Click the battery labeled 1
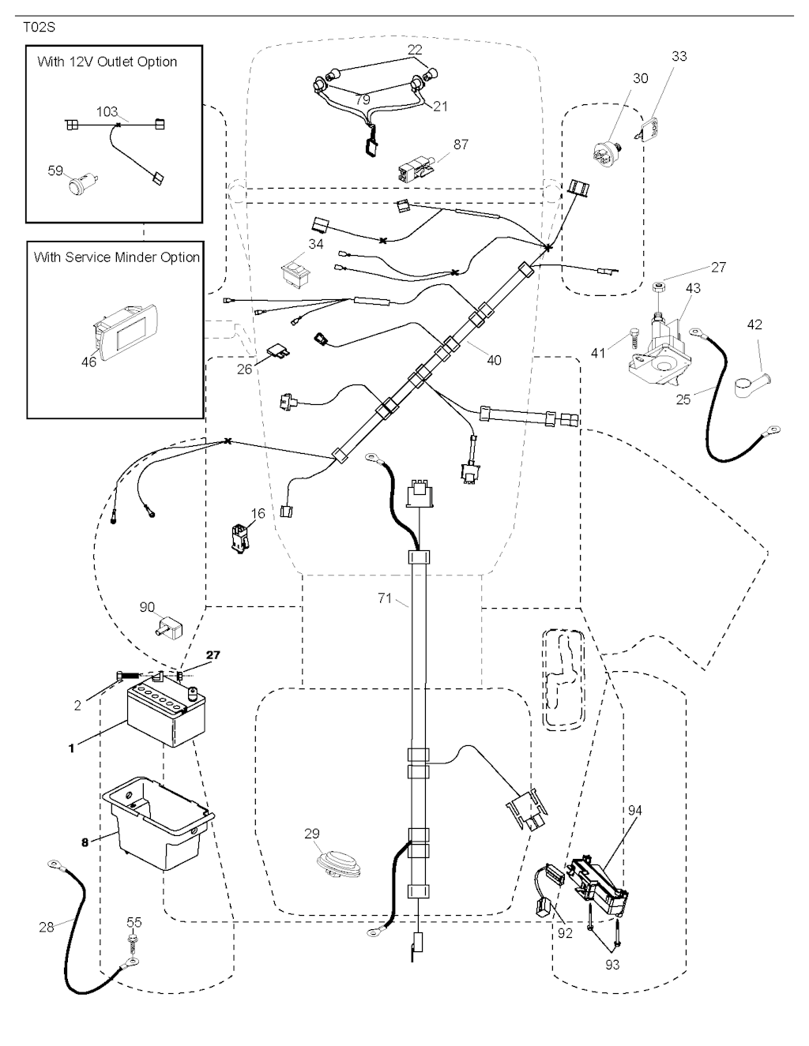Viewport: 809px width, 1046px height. pyautogui.click(x=165, y=715)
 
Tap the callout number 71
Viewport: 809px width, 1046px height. pyautogui.click(x=384, y=599)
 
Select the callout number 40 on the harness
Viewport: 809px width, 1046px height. pyautogui.click(x=494, y=360)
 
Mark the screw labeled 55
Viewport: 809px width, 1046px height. pyautogui.click(x=131, y=940)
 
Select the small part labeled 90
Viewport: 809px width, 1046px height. pyautogui.click(x=168, y=629)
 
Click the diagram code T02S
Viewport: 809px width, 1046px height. pyautogui.click(x=39, y=26)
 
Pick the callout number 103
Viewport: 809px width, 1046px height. pyautogui.click(x=107, y=111)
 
